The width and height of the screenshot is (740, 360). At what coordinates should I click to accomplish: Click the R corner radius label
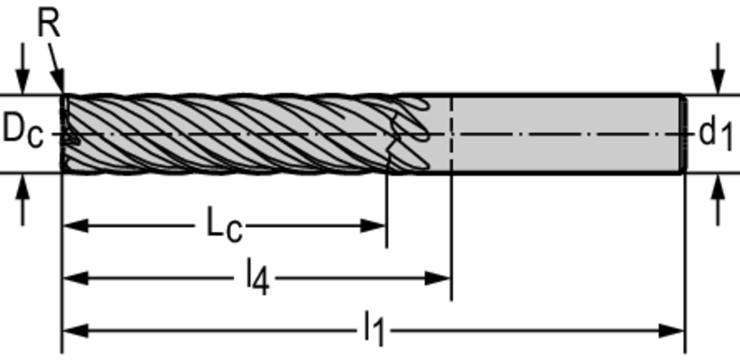tap(49, 24)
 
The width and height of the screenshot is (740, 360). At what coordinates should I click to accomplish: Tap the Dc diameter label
tap(22, 131)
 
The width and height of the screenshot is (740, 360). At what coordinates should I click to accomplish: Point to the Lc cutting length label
tap(224, 226)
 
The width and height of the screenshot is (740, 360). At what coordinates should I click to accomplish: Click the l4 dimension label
tap(258, 278)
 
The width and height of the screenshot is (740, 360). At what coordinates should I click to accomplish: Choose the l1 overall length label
tap(374, 330)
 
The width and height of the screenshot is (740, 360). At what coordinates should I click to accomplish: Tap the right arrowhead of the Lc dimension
tap(374, 226)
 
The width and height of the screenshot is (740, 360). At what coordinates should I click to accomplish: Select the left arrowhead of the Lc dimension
tap(75, 226)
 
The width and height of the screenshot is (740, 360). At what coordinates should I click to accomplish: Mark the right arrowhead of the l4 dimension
tap(438, 278)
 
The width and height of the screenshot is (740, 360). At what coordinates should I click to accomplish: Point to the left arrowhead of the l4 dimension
tap(75, 278)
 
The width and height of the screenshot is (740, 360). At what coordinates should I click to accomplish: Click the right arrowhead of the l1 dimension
tap(671, 330)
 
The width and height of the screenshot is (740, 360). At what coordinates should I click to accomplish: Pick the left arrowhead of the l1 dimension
tap(75, 330)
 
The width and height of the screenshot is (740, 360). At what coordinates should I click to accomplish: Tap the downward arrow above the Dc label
tap(22, 69)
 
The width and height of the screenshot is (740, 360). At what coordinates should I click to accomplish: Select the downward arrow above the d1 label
tap(718, 69)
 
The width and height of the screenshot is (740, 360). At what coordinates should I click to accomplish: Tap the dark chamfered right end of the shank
tap(683, 134)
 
